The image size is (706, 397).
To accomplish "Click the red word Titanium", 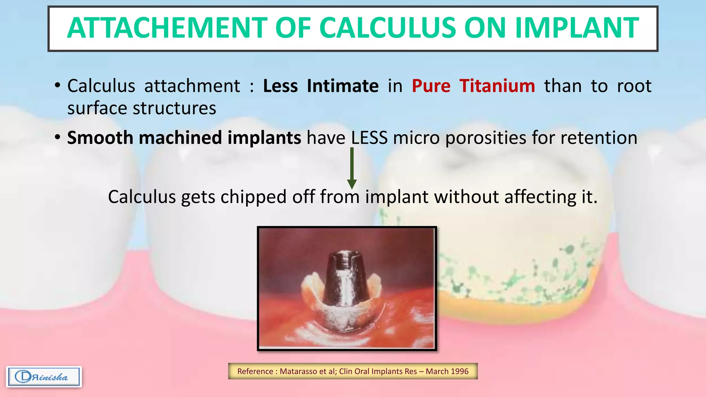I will point(497,86).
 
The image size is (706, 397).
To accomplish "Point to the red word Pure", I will point(431,86).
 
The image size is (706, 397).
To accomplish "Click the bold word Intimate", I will point(343,86).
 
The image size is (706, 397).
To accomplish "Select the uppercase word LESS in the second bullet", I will point(369,138).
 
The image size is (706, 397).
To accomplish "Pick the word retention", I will point(599,138).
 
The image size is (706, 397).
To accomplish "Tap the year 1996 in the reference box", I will point(459,371).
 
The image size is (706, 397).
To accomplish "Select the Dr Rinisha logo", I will point(44,377).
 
